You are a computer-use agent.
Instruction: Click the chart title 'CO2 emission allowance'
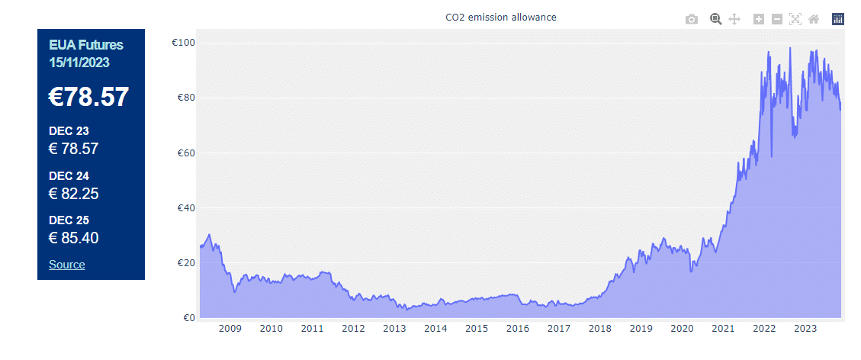500,17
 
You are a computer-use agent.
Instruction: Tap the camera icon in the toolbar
692,19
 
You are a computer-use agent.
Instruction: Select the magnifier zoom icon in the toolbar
715,19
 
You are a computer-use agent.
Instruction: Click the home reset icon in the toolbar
814,19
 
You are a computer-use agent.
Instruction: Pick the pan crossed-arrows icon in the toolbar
734,19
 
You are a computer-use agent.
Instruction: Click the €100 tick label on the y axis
183,43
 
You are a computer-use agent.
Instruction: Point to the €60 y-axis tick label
185,153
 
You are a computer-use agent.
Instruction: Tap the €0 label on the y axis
188,318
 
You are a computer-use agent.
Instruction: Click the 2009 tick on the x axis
230,329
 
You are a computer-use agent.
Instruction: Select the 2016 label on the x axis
518,329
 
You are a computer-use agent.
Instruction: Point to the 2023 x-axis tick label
805,329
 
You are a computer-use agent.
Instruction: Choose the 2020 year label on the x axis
682,329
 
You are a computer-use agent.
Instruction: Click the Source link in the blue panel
67,265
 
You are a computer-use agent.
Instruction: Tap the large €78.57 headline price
89,98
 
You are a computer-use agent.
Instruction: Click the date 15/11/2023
79,62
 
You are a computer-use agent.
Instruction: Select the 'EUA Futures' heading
85,46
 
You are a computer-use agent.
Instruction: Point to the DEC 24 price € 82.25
74,194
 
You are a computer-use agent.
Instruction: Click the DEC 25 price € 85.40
74,238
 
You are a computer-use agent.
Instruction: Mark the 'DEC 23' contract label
69,131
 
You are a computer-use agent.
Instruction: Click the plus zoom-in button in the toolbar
758,19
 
